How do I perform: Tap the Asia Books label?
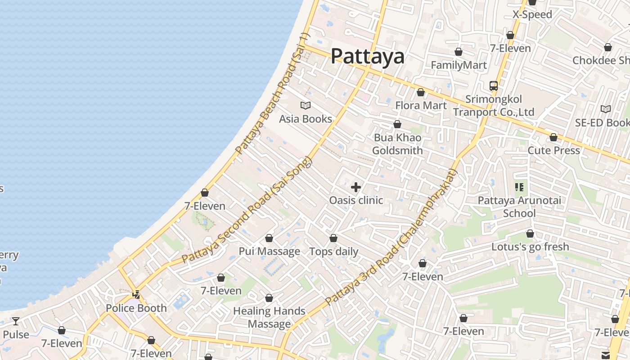pyautogui.click(x=306, y=119)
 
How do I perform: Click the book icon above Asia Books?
pyautogui.click(x=306, y=106)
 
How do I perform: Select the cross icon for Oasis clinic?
pyautogui.click(x=356, y=187)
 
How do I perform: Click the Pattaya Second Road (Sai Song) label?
pyautogui.click(x=247, y=210)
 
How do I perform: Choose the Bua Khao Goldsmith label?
pyautogui.click(x=397, y=144)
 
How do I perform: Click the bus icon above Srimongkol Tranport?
pyautogui.click(x=494, y=85)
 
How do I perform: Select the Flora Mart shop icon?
pyautogui.click(x=421, y=92)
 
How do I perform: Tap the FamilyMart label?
pyautogui.click(x=459, y=65)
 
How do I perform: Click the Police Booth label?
pyautogui.click(x=136, y=308)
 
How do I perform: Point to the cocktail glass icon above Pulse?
pyautogui.click(x=16, y=321)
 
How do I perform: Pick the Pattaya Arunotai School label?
pyautogui.click(x=519, y=207)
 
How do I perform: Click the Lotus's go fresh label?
pyautogui.click(x=530, y=247)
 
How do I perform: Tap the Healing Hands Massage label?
pyautogui.click(x=269, y=317)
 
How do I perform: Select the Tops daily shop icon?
pyautogui.click(x=333, y=238)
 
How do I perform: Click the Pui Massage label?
pyautogui.click(x=269, y=251)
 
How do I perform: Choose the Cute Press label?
pyautogui.click(x=553, y=150)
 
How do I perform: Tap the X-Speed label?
pyautogui.click(x=532, y=14)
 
